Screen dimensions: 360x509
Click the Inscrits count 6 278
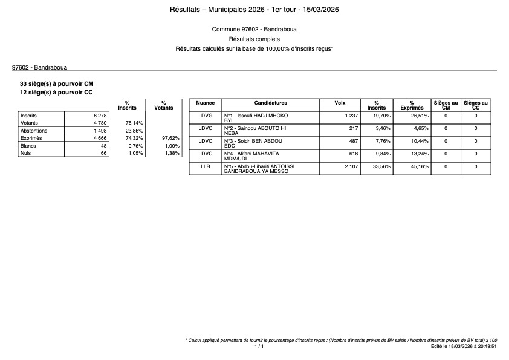(99, 115)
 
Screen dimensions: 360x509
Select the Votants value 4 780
(99, 123)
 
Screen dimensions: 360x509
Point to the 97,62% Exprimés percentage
(171, 139)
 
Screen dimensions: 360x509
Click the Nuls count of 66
(103, 154)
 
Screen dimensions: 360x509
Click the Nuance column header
(206, 103)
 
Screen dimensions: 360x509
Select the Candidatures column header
(270, 103)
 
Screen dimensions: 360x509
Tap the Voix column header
(340, 103)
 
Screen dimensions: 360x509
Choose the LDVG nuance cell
(206, 115)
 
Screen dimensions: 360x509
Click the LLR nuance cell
(206, 166)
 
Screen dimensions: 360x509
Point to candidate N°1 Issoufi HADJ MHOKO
(256, 115)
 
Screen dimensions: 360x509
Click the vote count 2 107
(351, 166)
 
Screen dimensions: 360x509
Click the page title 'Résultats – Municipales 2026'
(254, 10)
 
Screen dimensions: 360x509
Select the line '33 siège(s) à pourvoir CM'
(57, 83)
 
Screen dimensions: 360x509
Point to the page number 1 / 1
(259, 347)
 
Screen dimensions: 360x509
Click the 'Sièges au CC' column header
(476, 105)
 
